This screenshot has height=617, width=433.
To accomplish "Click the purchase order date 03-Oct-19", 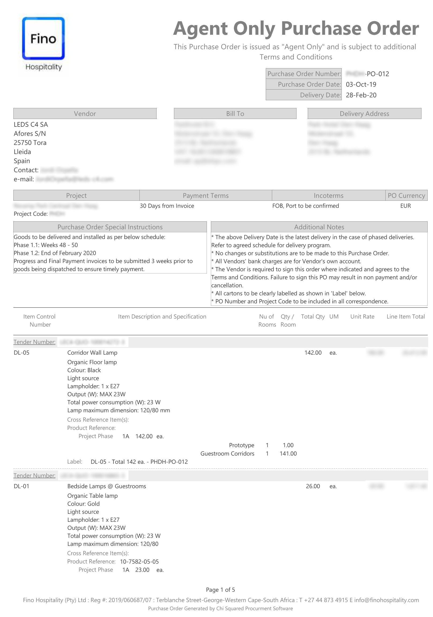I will (361, 84).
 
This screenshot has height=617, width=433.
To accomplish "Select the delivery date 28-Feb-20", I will (361, 95).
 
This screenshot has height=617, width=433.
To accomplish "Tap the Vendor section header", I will (85, 114).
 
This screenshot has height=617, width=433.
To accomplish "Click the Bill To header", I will (235, 114).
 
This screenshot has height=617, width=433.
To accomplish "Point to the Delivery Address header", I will (364, 114).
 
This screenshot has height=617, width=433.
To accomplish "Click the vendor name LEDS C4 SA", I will (31, 124).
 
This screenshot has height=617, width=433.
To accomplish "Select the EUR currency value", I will (405, 206).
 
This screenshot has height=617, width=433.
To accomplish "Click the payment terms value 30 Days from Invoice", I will (167, 206).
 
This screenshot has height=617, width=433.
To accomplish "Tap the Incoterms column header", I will (328, 196).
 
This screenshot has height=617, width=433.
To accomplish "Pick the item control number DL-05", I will (21, 353).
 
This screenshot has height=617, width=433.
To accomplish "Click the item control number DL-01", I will (21, 486).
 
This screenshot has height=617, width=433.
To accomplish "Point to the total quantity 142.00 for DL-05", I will (313, 353).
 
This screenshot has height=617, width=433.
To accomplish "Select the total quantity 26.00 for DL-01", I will (313, 486).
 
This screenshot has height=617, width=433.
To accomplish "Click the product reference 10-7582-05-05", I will (139, 561).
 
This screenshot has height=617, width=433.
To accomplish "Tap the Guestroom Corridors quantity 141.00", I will (288, 454).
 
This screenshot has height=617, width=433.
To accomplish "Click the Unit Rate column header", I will (362, 317).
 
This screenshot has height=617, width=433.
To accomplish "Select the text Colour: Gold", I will (83, 504).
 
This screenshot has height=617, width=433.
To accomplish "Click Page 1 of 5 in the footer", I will (220, 589).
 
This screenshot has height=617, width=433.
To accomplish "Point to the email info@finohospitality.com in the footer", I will (386, 600).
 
